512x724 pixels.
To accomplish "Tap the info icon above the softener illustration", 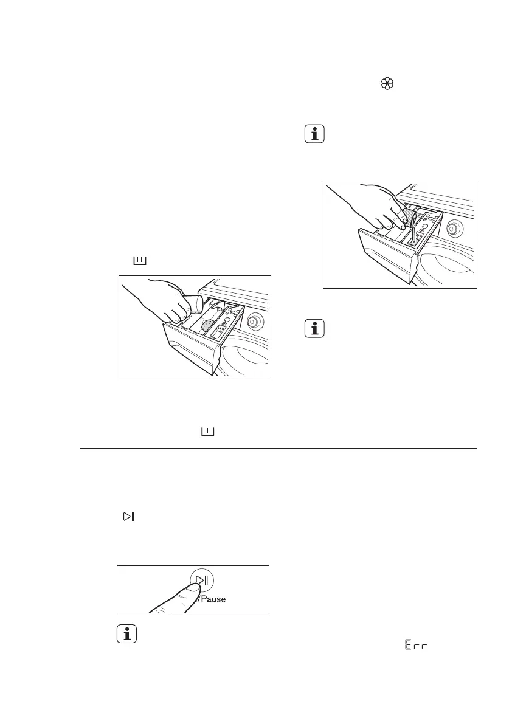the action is coord(314,134).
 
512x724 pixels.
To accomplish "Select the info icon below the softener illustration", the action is coord(314,329).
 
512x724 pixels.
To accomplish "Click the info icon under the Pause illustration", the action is coord(126,635).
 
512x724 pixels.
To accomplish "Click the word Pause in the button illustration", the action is coord(213,599).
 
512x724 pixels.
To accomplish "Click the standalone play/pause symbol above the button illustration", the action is coord(129,517).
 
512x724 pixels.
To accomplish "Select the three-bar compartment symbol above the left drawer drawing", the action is coord(140,261).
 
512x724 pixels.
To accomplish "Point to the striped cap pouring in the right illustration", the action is coord(407,216).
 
